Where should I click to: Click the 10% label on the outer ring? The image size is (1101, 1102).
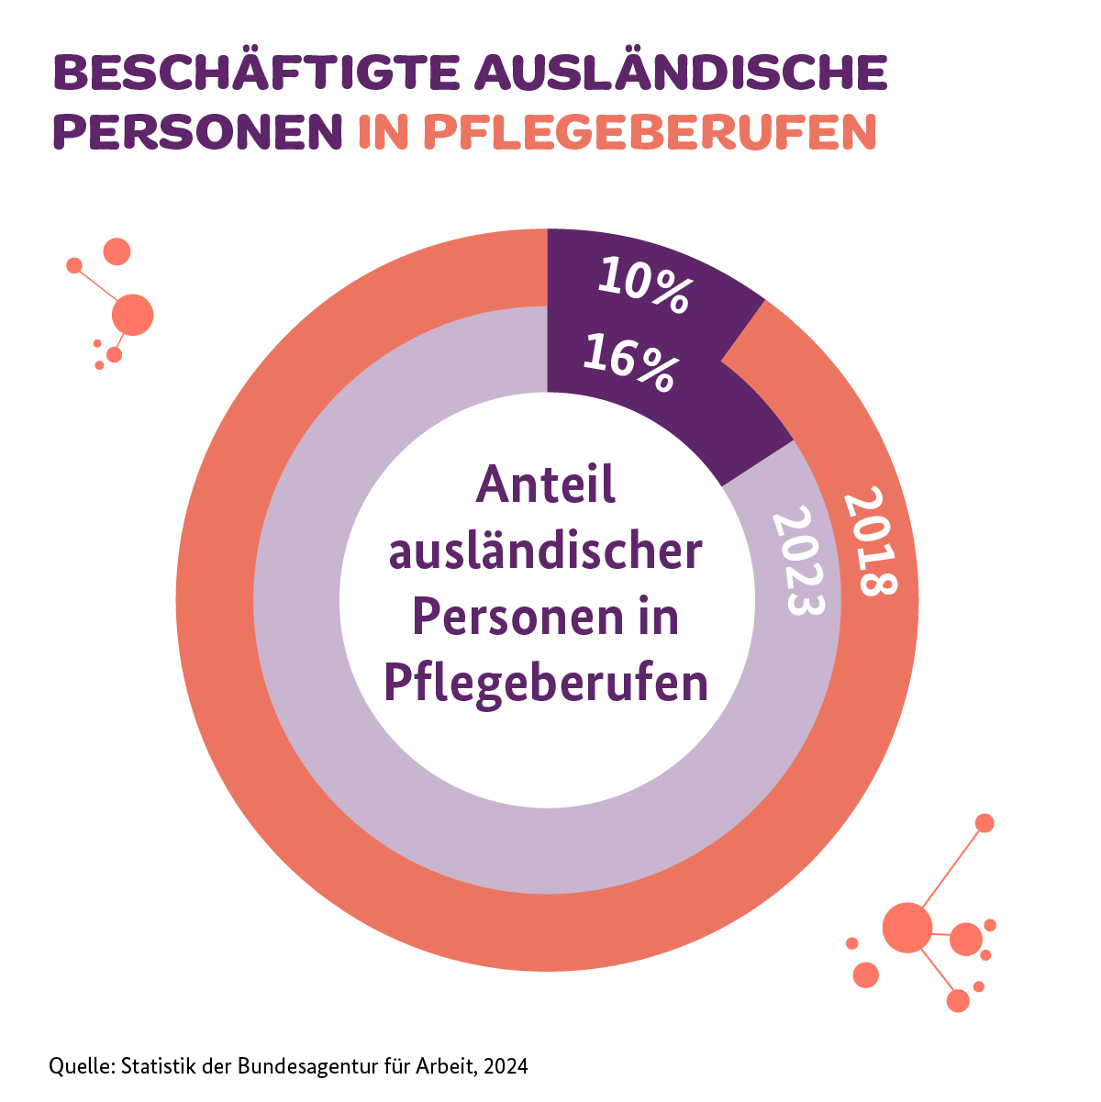[x=643, y=286]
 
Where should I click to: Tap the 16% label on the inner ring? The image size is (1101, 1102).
[x=630, y=363]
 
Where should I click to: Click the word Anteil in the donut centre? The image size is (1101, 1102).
[x=546, y=484]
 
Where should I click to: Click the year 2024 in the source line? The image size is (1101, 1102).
[x=506, y=1066]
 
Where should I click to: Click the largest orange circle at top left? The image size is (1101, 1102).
[x=132, y=315]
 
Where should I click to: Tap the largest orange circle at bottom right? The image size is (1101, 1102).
[x=906, y=927]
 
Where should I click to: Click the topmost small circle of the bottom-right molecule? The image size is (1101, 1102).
[x=984, y=823]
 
